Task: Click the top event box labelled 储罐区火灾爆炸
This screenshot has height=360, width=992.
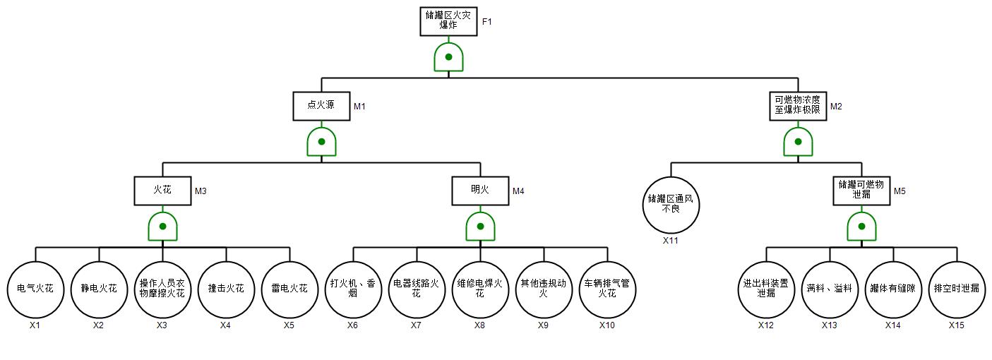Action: (x=448, y=21)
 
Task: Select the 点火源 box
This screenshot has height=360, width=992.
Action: (x=321, y=106)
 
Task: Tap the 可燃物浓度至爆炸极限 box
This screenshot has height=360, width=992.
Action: (x=798, y=106)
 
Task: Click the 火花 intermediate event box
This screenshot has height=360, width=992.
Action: (x=162, y=191)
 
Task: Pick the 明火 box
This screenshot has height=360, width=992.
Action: (x=480, y=191)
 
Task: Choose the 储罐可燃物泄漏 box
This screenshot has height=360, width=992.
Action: (x=861, y=191)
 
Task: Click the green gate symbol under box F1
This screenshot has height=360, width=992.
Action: (x=448, y=57)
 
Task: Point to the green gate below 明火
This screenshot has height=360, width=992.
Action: (x=480, y=227)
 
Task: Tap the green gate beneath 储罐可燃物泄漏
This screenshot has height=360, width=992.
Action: (x=861, y=227)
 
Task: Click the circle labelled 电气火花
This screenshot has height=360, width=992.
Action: (x=35, y=289)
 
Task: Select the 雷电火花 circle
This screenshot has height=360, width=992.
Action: (x=289, y=289)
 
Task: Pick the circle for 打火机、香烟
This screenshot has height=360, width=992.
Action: (x=353, y=289)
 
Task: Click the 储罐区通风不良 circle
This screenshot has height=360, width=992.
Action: (x=671, y=204)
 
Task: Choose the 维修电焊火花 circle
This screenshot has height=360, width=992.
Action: (x=480, y=289)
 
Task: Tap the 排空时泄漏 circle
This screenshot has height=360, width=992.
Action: (x=957, y=289)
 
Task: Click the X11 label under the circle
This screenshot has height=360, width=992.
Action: (x=671, y=241)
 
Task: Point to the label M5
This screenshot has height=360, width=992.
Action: (x=900, y=191)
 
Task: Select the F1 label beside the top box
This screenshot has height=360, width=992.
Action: (x=487, y=22)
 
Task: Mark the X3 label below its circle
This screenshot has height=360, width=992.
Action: (x=162, y=325)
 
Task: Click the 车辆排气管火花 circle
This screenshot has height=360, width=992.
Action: (x=607, y=289)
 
